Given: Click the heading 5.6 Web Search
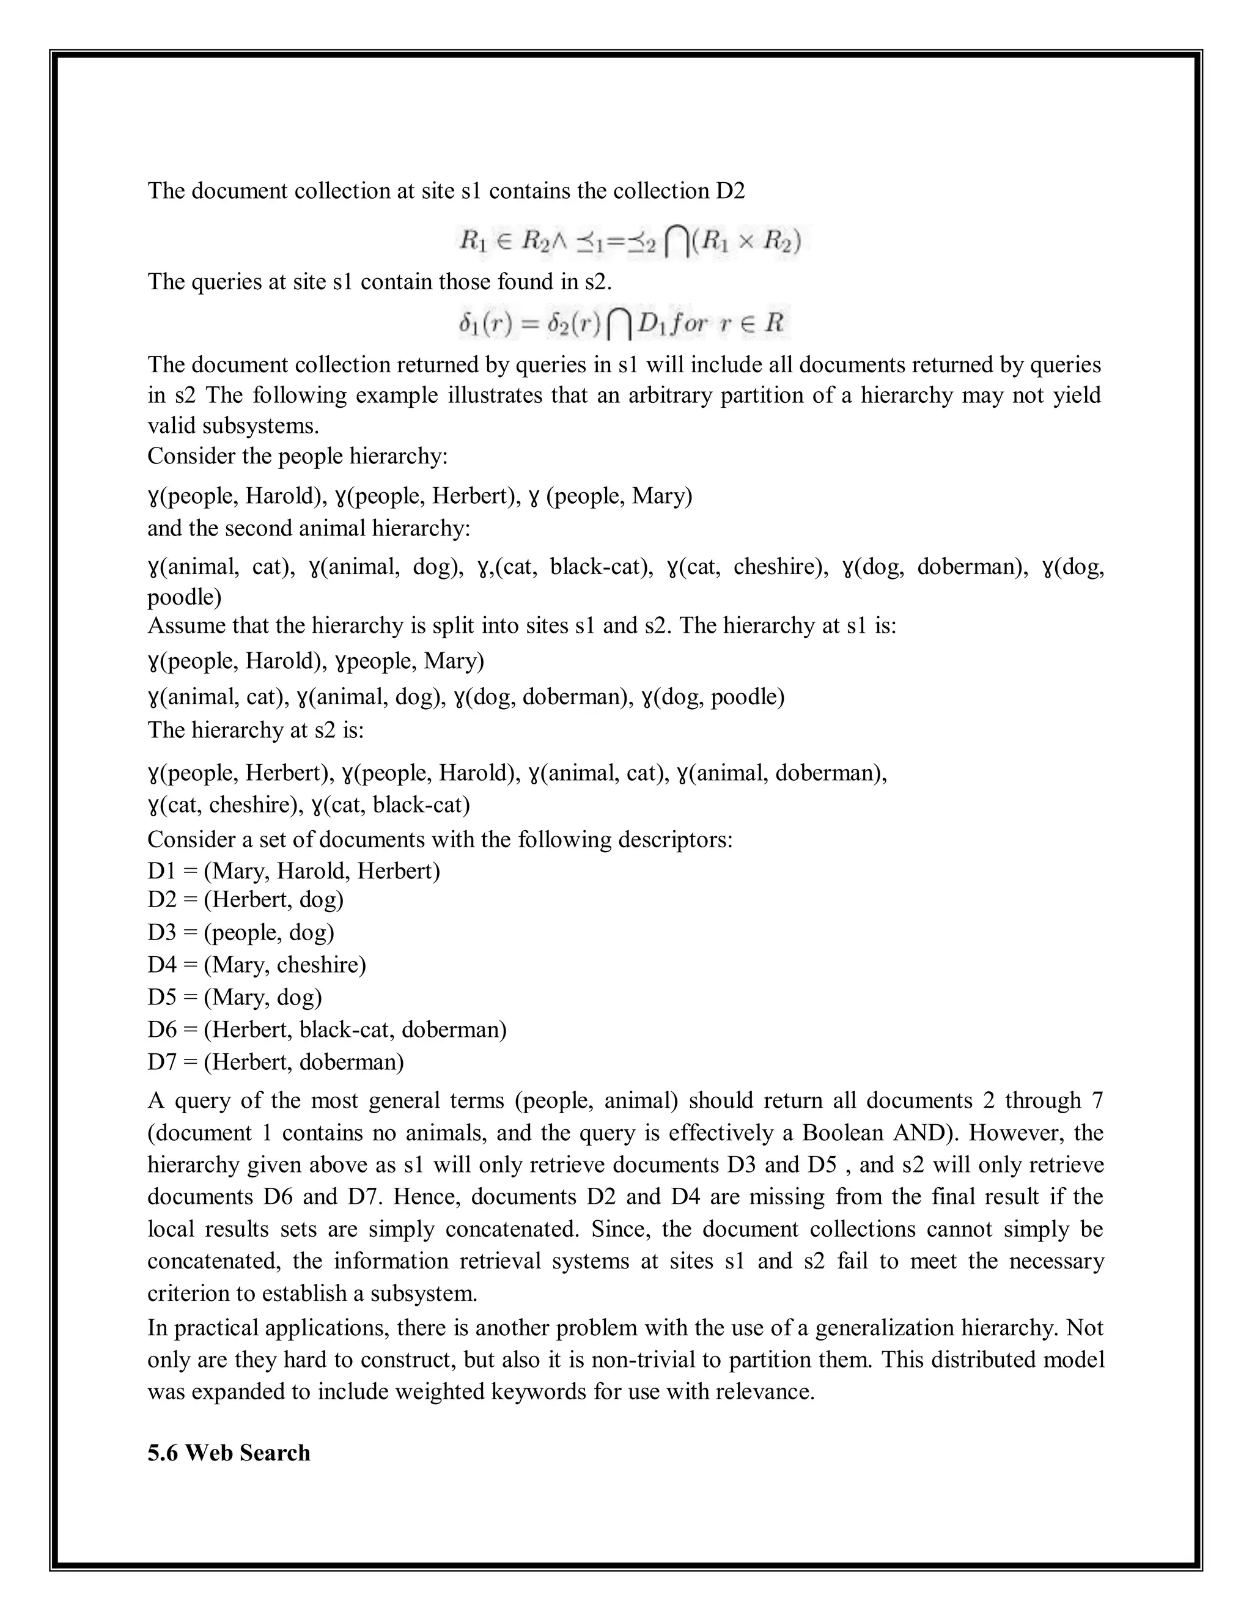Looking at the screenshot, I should (229, 1452).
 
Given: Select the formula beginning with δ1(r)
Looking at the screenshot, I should (622, 323).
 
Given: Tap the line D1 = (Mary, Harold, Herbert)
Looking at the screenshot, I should (293, 870).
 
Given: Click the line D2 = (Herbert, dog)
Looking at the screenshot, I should (246, 900).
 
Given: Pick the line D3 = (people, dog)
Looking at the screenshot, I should (241, 932).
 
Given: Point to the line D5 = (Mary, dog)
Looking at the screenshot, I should (235, 997).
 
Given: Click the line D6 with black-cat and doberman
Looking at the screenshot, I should (327, 1029).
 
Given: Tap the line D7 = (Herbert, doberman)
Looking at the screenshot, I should (276, 1062).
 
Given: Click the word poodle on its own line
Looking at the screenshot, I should (184, 597).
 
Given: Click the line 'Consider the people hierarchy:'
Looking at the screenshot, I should (298, 455).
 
